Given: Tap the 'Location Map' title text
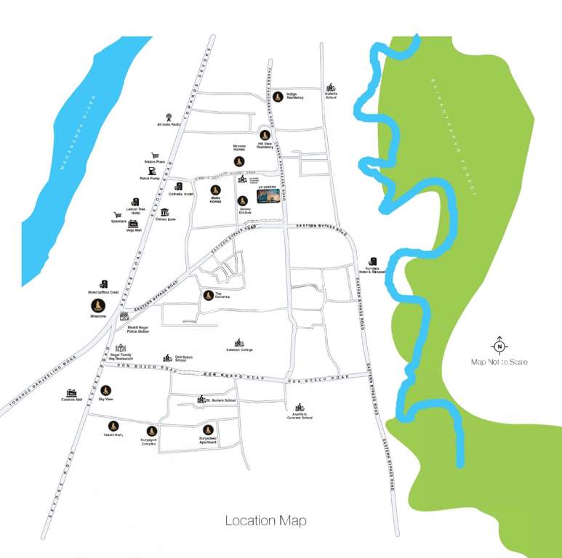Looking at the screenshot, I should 265,520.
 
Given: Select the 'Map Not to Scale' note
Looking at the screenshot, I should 499,362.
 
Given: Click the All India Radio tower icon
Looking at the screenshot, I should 169,116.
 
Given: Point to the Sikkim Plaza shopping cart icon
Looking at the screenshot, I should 155,155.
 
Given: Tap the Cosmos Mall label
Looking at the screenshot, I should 73,399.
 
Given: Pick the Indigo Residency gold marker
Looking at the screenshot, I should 278,96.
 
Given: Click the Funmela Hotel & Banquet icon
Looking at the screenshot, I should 373,261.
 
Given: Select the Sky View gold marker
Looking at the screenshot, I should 105,390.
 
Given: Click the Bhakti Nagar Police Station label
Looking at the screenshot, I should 138,330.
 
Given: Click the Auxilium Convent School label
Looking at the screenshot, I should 298,416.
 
